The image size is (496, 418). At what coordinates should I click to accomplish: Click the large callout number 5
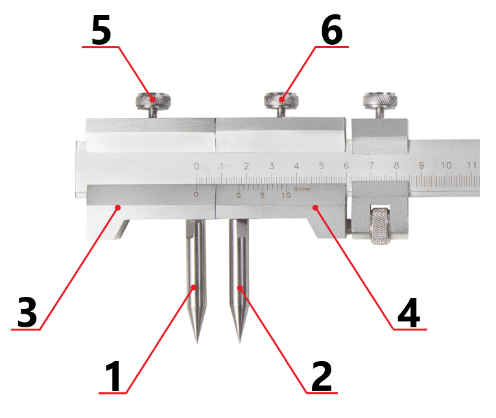click(101, 30)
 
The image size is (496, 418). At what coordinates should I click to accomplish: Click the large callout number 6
click(332, 30)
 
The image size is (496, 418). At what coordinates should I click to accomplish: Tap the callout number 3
click(27, 312)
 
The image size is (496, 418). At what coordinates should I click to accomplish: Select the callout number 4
click(408, 312)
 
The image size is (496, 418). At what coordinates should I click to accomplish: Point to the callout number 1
click(113, 377)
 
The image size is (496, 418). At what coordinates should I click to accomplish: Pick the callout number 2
click(322, 377)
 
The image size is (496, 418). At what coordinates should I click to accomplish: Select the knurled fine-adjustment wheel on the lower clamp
click(380, 226)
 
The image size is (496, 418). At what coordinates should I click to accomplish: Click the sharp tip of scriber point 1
click(197, 342)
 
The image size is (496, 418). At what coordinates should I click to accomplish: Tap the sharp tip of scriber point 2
click(239, 342)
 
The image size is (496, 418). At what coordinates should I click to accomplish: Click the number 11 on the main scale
click(471, 165)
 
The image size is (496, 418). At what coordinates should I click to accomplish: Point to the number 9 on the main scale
click(421, 165)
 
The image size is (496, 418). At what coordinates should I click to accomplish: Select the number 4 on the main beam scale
click(296, 166)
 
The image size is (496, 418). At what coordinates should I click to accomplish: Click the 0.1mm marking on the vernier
click(302, 189)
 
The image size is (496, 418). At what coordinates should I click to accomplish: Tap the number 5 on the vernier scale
click(262, 196)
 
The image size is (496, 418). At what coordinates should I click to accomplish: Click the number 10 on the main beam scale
click(446, 165)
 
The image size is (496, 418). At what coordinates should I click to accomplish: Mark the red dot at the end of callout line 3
click(117, 207)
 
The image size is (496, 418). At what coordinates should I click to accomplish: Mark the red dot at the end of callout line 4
click(315, 207)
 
